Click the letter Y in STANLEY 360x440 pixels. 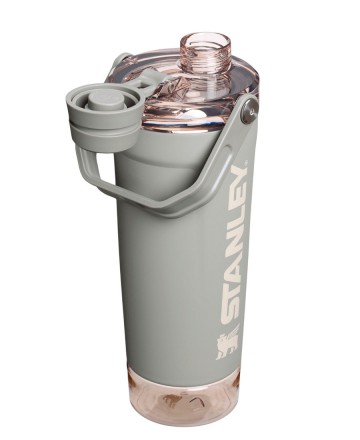point(243,190)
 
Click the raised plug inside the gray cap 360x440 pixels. point(105,96)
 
